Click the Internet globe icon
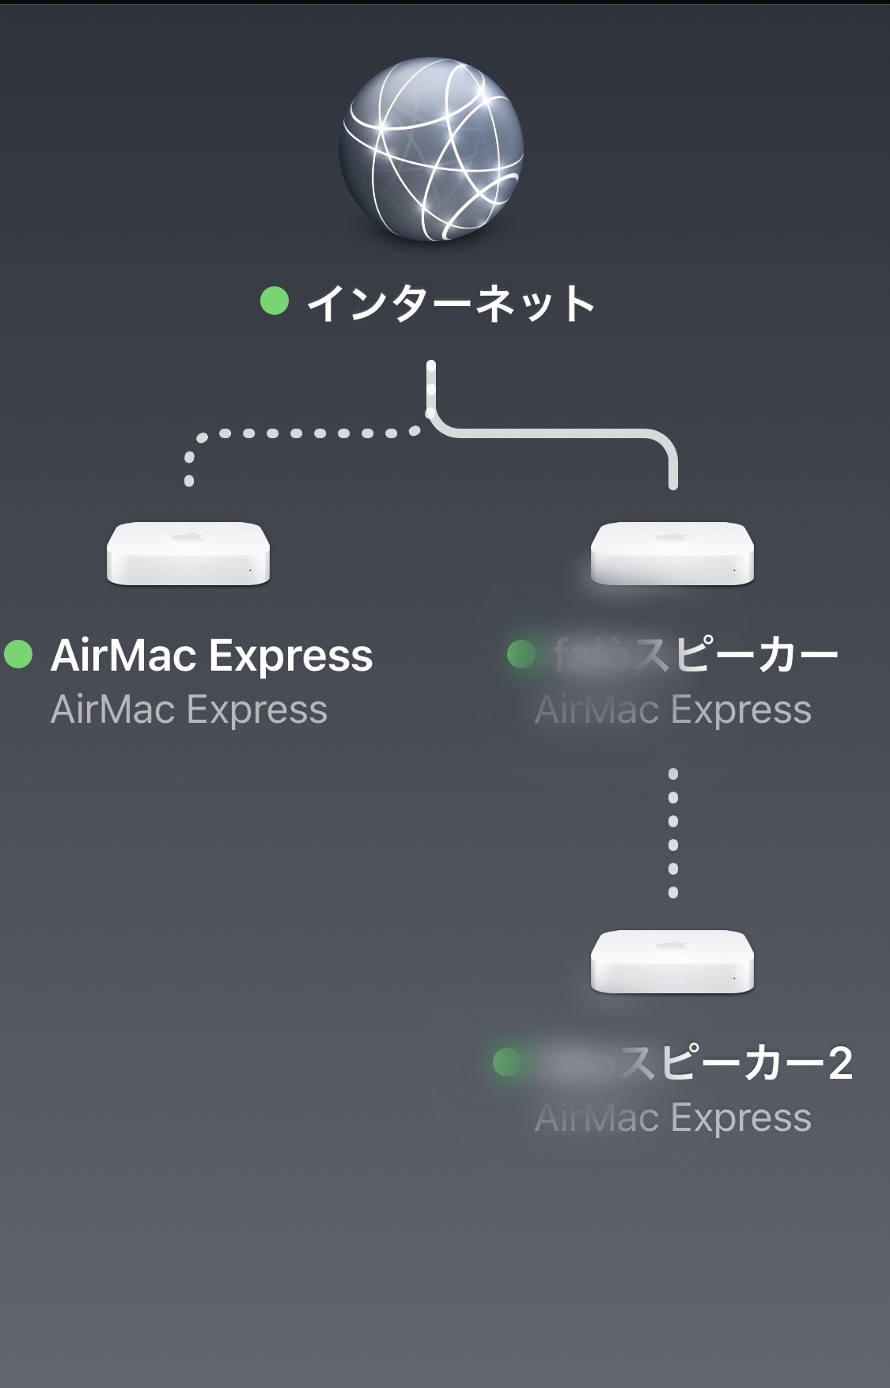431,154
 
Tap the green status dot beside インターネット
275,301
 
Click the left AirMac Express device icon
188,553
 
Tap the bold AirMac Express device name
211,656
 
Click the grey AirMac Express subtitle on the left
189,709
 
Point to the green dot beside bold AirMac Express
18,654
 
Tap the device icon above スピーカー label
672,553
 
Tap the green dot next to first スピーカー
521,654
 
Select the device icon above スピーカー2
672,960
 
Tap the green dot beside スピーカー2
507,1062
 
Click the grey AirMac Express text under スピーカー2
673,1118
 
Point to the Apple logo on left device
188,537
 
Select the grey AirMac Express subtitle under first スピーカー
673,709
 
